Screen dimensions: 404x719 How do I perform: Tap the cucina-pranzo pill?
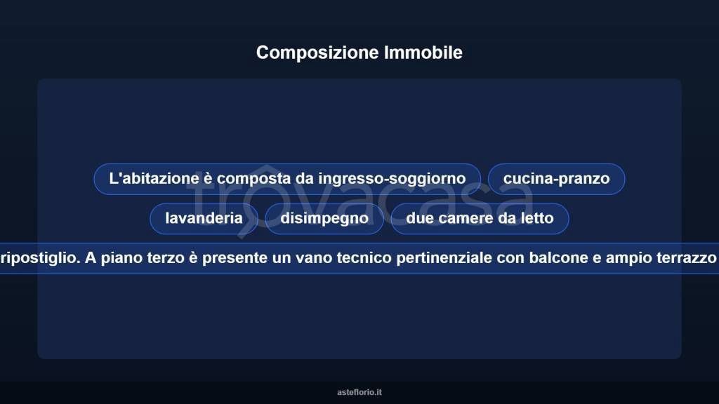[556, 179]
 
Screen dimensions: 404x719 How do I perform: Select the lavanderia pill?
[204, 218]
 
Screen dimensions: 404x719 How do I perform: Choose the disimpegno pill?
[324, 218]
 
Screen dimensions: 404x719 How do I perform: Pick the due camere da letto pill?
[480, 218]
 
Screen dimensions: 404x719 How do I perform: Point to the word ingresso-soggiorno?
[392, 179]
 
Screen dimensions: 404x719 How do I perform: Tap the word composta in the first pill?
[253, 179]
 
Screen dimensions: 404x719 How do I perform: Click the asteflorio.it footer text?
[359, 392]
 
